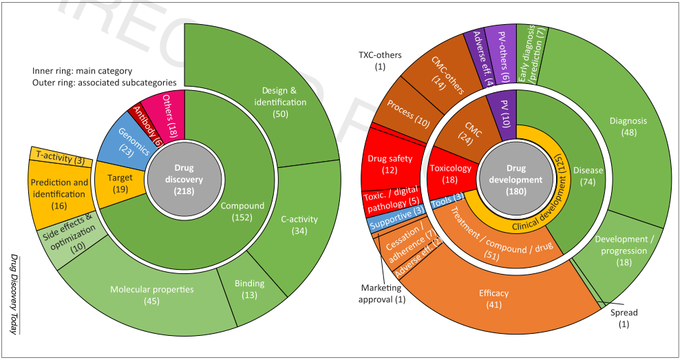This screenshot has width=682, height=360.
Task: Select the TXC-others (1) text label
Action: [x=380, y=61]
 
